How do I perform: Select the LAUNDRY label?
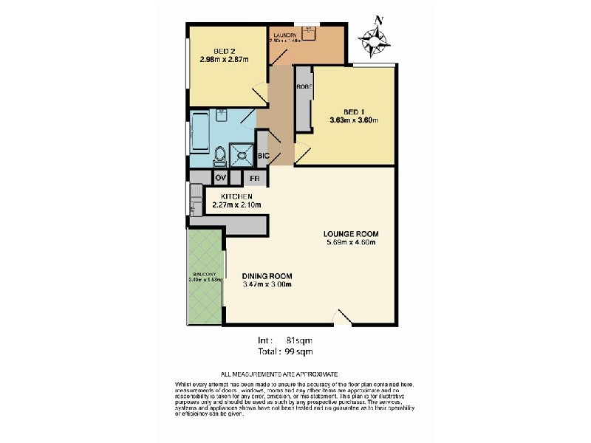(284, 35)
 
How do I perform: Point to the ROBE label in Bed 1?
(303, 87)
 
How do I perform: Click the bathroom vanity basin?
(220, 116)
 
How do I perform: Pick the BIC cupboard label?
(263, 156)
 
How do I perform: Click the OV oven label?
(220, 178)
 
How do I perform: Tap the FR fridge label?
(254, 178)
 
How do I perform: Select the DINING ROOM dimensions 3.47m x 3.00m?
(267, 284)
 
